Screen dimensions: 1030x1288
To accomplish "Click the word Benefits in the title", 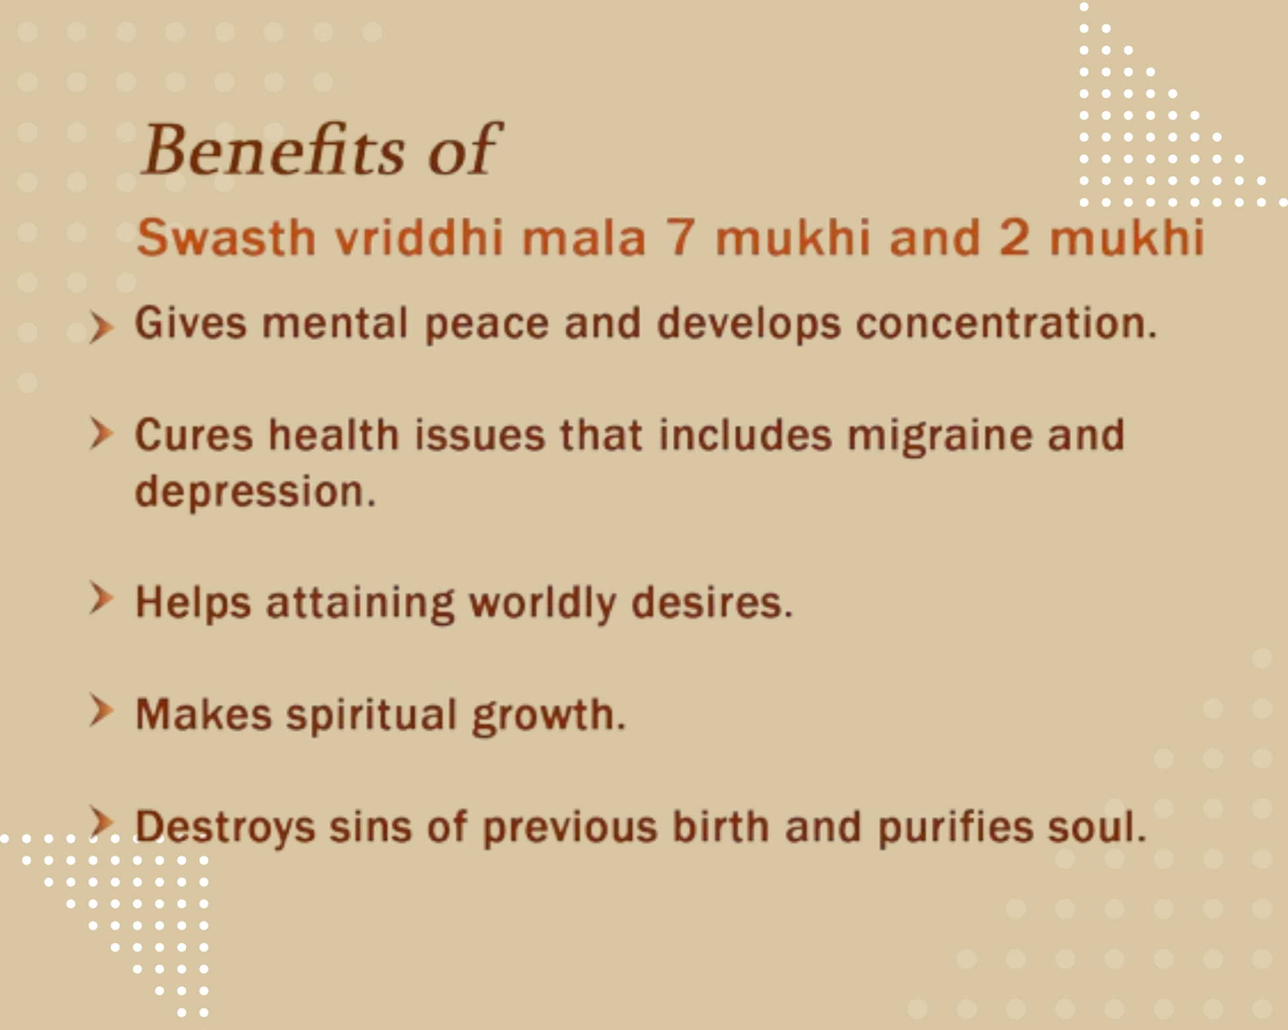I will (x=272, y=150).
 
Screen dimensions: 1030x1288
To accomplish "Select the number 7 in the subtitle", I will (x=680, y=237).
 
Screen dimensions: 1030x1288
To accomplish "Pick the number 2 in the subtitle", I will (x=1014, y=237).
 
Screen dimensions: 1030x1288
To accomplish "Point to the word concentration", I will (x=1005, y=323).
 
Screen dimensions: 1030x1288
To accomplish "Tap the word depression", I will (x=255, y=492).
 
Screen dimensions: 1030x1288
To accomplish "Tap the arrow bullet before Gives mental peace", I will (x=101, y=327).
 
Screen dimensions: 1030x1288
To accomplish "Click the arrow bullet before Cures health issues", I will (x=101, y=434).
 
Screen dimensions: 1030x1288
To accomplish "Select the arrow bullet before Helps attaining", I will (x=101, y=599).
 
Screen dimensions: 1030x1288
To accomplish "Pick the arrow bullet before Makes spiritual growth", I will (x=101, y=711).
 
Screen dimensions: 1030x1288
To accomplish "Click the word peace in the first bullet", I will (x=486, y=324).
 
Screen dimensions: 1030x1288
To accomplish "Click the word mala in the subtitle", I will (x=584, y=237).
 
